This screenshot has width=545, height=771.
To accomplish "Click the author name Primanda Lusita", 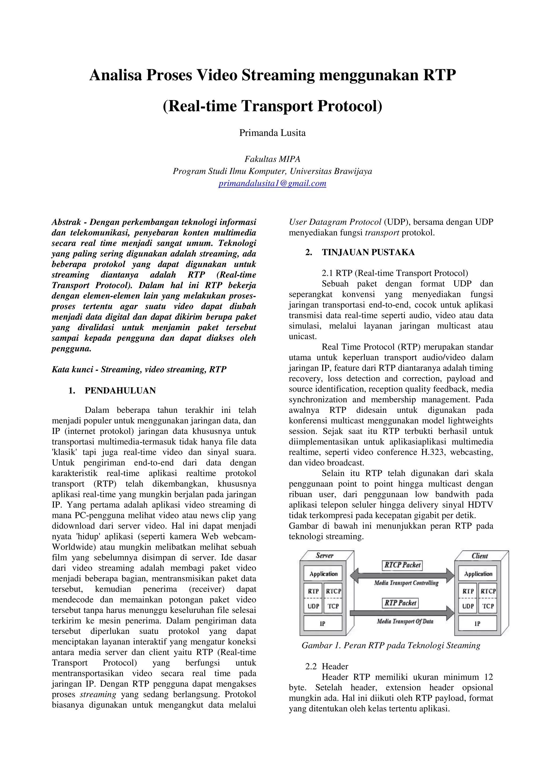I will [272, 133].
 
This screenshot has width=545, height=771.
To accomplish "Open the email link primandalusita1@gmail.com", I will [272, 183].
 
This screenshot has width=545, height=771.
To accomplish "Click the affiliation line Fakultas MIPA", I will [272, 159].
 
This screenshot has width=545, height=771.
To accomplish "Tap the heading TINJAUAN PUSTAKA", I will [368, 252].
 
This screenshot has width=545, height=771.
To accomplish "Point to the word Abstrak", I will [66, 222].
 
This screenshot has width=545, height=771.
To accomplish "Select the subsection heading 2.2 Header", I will [327, 676].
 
